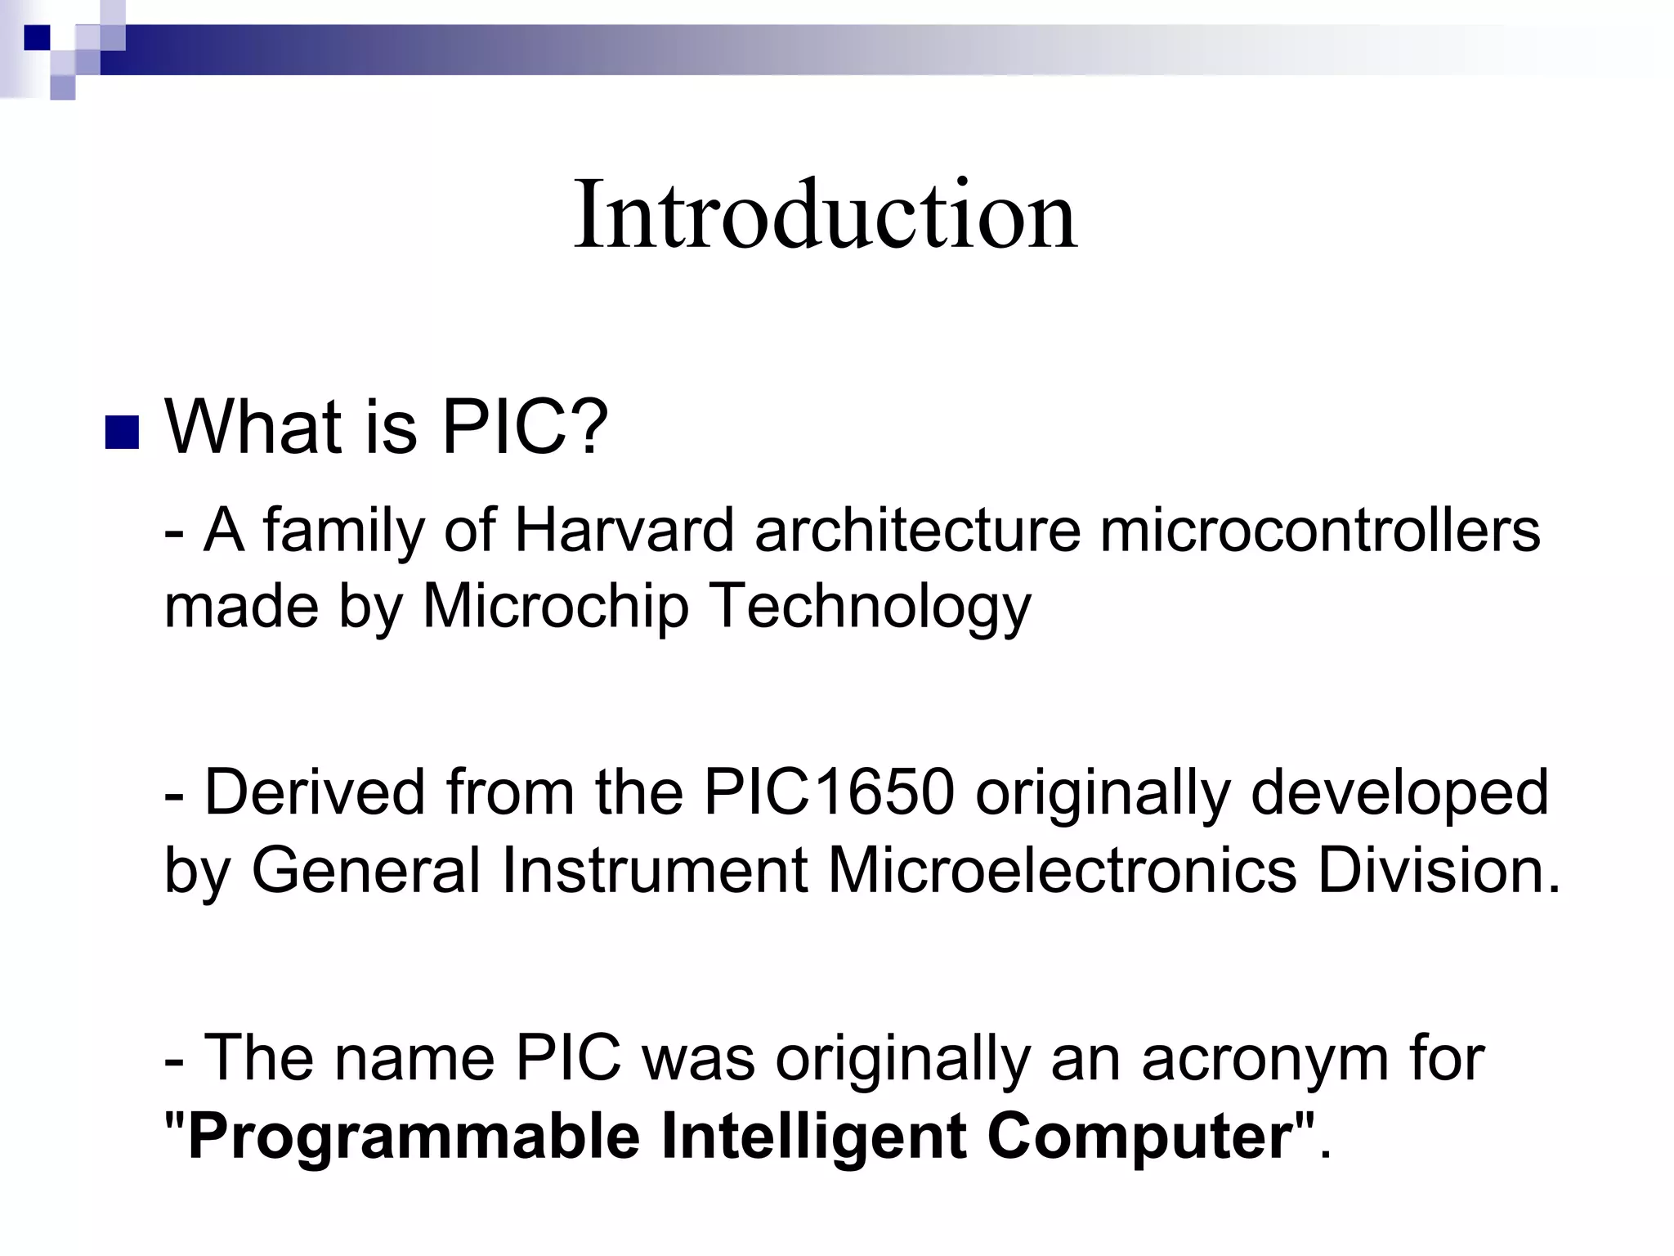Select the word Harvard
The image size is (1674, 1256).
(x=624, y=531)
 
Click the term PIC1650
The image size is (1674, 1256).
(x=829, y=792)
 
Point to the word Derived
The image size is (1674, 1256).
(x=316, y=792)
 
